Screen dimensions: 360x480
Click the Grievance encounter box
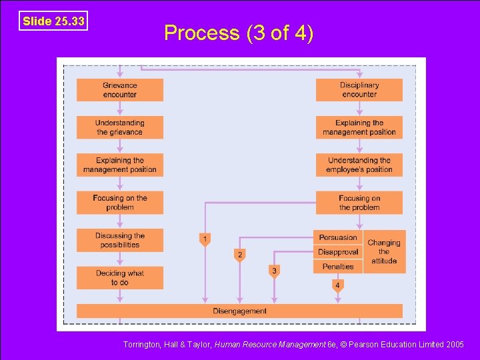click(x=119, y=90)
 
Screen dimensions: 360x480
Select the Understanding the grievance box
click(x=119, y=127)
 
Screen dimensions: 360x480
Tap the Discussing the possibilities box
click(x=119, y=240)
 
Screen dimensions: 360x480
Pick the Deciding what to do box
click(x=119, y=278)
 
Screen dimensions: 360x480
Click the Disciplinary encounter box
click(x=359, y=90)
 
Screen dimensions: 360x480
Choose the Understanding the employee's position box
click(x=359, y=165)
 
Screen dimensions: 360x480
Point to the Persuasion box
click(x=338, y=237)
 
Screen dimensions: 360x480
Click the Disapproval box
click(x=338, y=252)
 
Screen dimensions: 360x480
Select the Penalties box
click(x=338, y=267)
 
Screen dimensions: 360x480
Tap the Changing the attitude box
click(x=384, y=252)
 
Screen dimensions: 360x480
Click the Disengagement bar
click(x=239, y=311)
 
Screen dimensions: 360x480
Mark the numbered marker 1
click(x=205, y=239)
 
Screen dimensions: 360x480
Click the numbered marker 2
click(x=240, y=255)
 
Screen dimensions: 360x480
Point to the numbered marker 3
click(x=274, y=271)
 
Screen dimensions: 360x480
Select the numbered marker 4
click(x=338, y=286)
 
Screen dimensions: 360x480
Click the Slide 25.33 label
click(x=53, y=21)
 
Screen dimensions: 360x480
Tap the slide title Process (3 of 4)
click(x=239, y=33)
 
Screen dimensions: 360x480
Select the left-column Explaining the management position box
click(x=119, y=165)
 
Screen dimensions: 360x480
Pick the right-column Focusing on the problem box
click(x=359, y=203)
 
